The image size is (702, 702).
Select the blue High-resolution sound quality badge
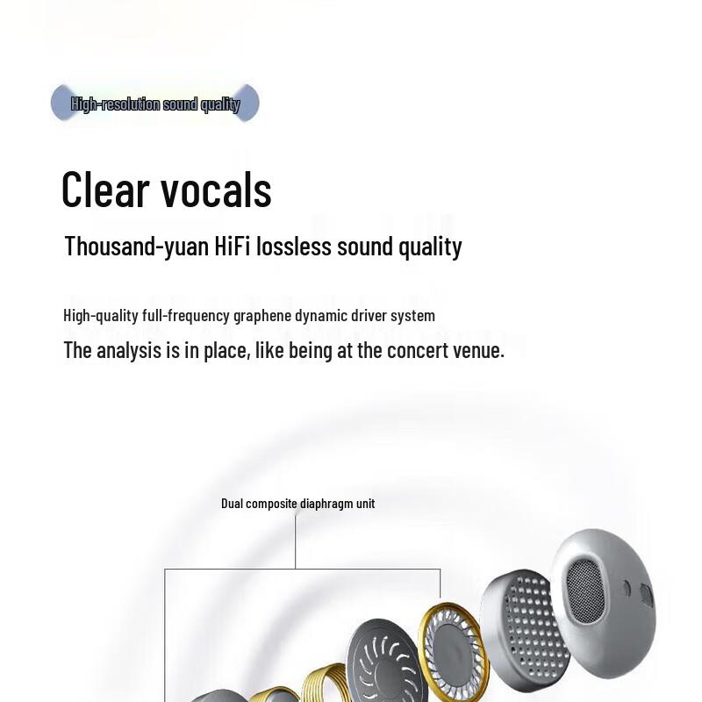pyautogui.click(x=155, y=104)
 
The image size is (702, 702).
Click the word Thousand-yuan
pyautogui.click(x=136, y=247)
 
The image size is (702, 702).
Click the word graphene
pyautogui.click(x=264, y=316)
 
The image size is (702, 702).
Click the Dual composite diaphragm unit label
pyautogui.click(x=297, y=504)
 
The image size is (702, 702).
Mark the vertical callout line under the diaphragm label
pyautogui.click(x=296, y=540)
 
